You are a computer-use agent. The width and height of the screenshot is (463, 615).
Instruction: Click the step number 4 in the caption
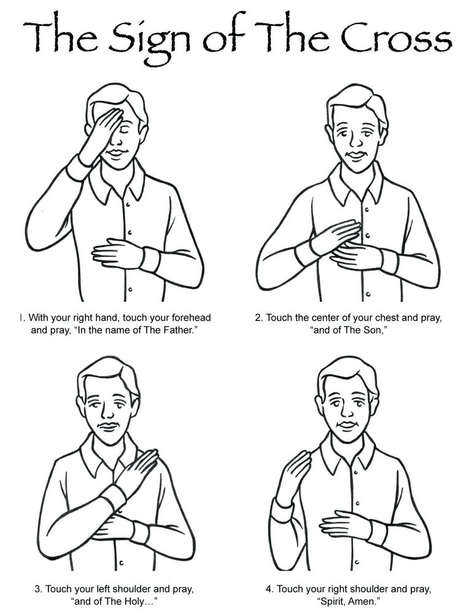point(268,589)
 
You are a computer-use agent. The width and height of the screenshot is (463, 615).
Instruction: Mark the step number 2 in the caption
point(259,317)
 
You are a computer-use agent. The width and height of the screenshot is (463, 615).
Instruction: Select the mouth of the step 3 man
point(110,426)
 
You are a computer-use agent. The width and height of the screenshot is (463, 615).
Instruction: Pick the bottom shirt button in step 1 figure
point(130,290)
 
